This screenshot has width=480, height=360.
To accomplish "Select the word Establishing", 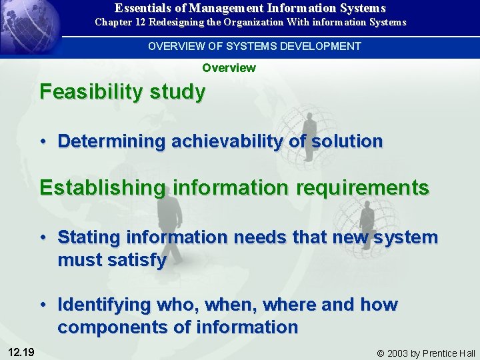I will point(101,188).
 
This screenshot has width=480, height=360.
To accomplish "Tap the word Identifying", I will point(107,305).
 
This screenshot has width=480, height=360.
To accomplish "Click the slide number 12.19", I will point(22,352).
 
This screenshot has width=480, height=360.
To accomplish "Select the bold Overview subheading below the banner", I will point(229,67).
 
